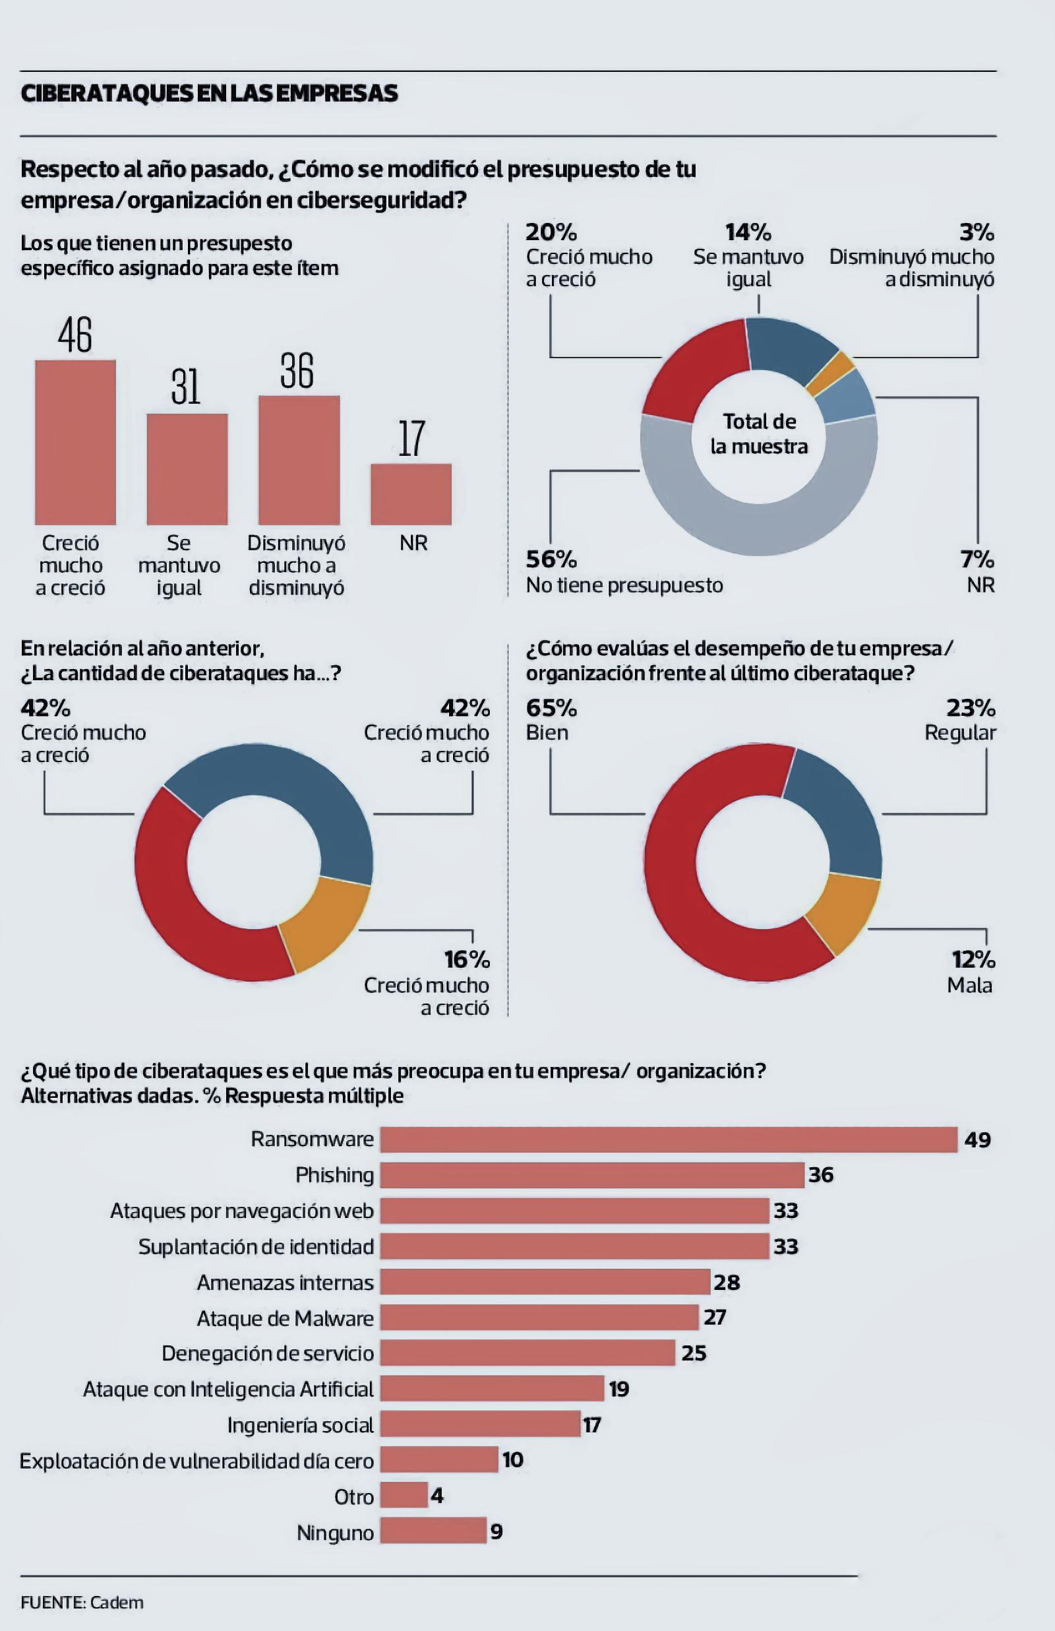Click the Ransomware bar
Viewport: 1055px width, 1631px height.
(x=668, y=1139)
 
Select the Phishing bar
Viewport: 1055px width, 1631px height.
(x=592, y=1175)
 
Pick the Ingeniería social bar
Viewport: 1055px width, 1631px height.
(x=479, y=1424)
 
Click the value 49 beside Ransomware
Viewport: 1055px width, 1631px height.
(x=977, y=1139)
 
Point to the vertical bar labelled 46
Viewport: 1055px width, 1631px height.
(x=75, y=442)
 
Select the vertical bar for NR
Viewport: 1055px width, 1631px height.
(x=411, y=494)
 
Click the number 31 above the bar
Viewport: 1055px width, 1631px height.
(x=186, y=387)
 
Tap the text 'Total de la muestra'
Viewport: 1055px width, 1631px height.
(x=759, y=433)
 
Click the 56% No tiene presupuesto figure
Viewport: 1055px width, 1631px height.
(x=551, y=560)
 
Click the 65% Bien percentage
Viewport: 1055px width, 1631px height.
(x=551, y=707)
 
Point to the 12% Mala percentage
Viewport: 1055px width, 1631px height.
(x=973, y=959)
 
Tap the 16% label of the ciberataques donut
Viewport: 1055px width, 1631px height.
(x=467, y=959)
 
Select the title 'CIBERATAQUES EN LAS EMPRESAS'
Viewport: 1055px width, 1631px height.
(x=209, y=94)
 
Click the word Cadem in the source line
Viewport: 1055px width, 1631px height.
(x=117, y=1602)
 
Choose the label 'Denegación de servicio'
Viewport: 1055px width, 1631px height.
(x=268, y=1353)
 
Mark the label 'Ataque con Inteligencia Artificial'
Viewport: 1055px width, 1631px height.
(x=228, y=1389)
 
